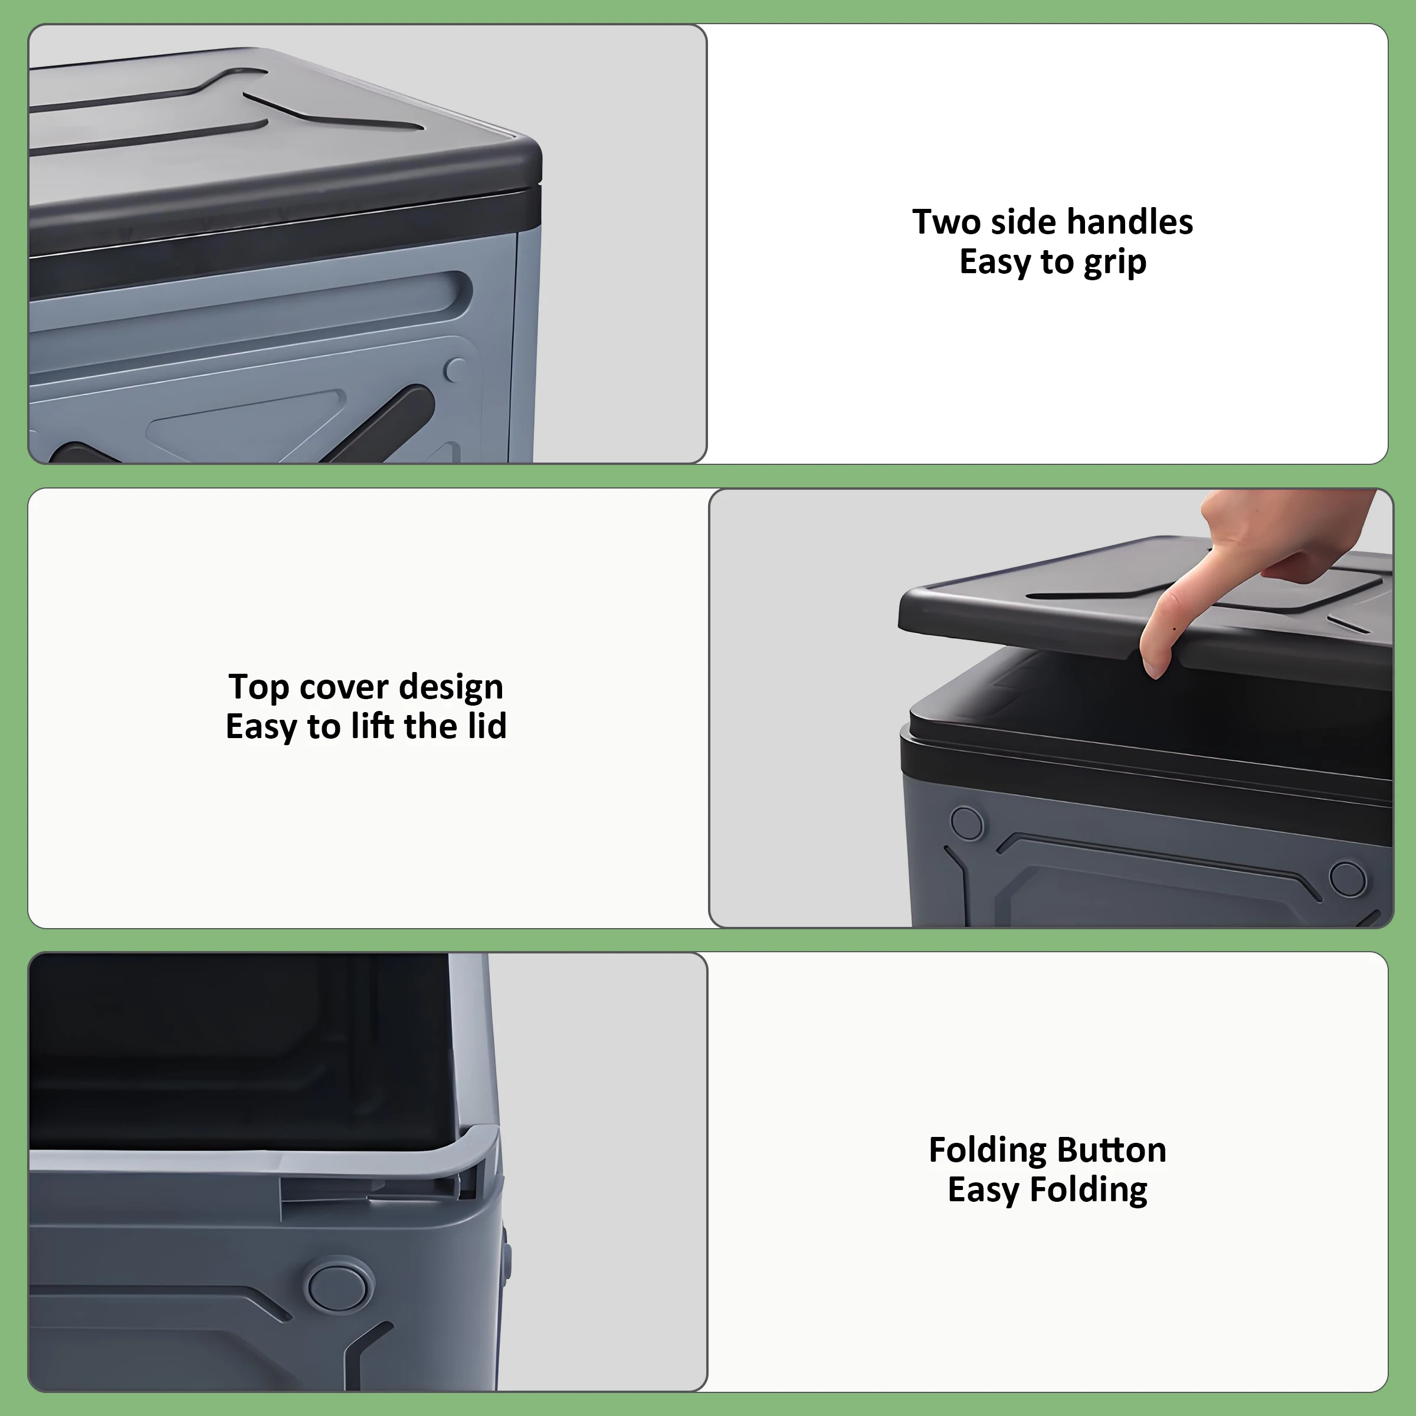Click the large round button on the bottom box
point(338,1286)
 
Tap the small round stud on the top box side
point(455,369)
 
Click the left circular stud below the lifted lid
point(967,823)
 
